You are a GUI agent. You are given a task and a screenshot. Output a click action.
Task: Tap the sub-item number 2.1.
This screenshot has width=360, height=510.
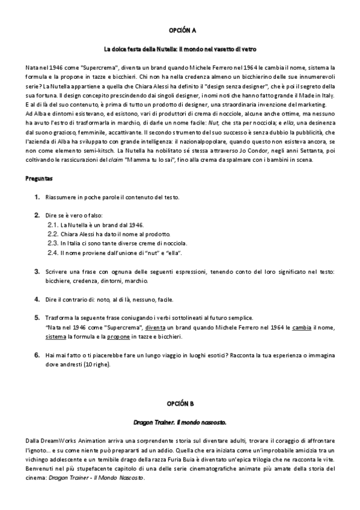(x=53, y=224)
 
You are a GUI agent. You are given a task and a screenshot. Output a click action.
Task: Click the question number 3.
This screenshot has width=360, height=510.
(x=37, y=272)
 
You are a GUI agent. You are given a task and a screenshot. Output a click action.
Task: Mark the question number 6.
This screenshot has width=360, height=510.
(x=37, y=355)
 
